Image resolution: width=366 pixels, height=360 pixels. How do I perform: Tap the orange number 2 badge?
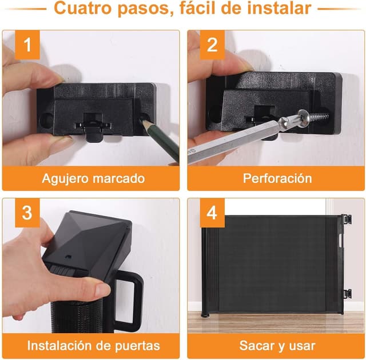point(211,45)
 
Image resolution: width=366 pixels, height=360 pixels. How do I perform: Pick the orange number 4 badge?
point(212,213)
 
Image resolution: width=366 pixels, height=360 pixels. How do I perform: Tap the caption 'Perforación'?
point(277,178)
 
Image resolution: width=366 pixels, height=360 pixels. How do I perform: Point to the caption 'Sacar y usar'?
point(277,346)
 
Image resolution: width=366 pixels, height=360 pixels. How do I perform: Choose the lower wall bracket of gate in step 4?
point(347,294)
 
